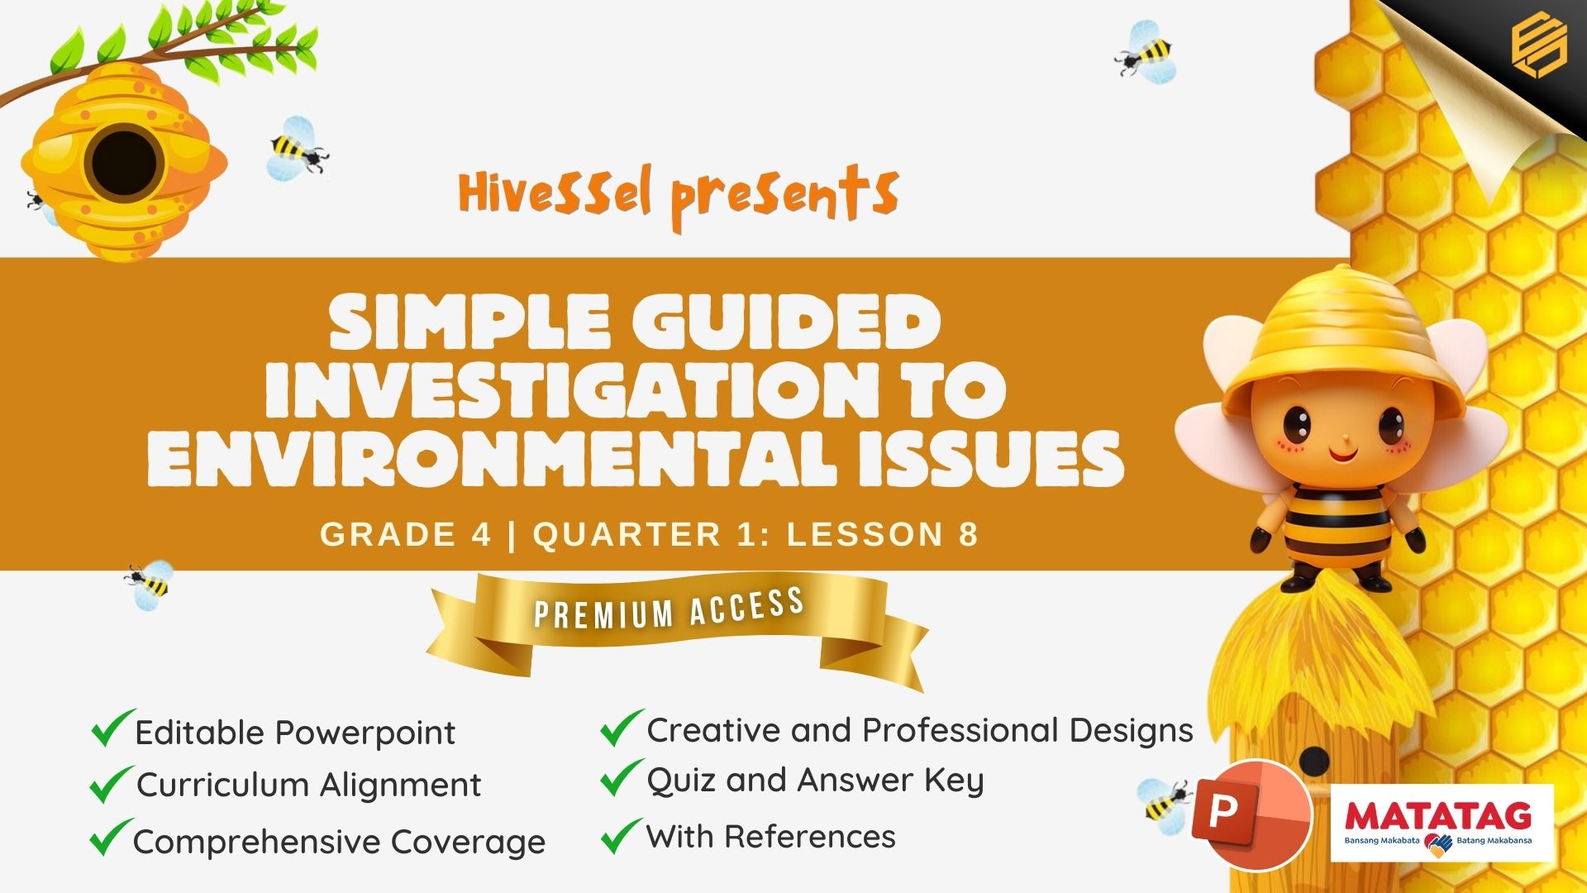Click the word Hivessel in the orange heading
[555, 192]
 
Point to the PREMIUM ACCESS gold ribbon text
[669, 608]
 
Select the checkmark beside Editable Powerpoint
[112, 728]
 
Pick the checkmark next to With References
[622, 835]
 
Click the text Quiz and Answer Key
[815, 781]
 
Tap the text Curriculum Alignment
[308, 785]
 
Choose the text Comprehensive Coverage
[339, 842]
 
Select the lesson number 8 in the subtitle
[969, 534]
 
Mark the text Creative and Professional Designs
[920, 730]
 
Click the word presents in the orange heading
[784, 197]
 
